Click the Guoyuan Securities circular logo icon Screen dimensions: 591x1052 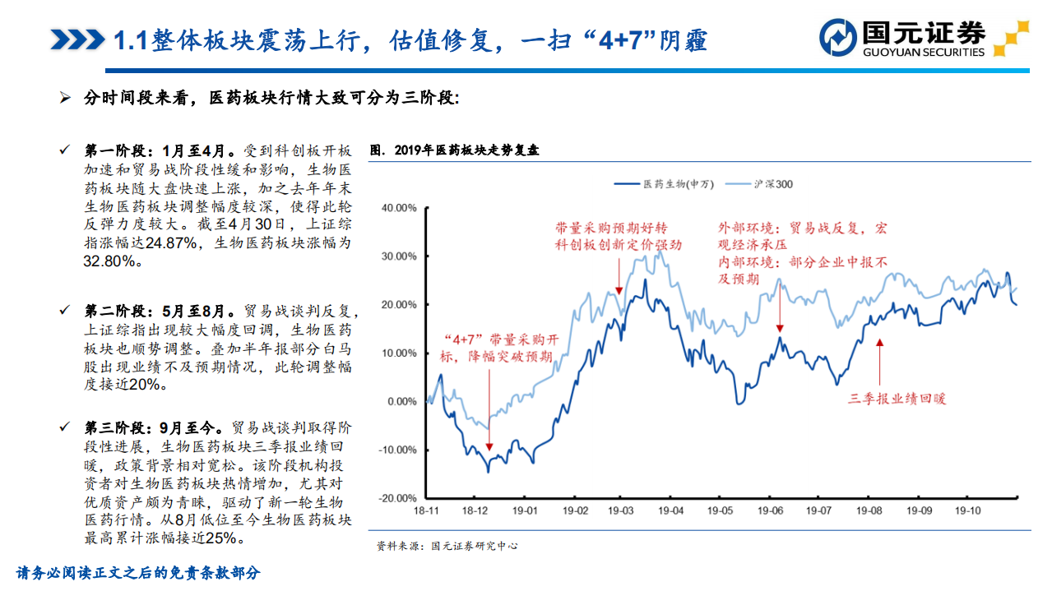pos(838,38)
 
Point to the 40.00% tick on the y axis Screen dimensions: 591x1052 pos(399,208)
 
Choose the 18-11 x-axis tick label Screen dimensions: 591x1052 pos(426,510)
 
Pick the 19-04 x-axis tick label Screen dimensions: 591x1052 pos(670,510)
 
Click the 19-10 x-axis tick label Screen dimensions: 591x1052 pos(967,510)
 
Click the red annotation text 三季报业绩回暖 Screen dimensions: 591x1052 pos(897,399)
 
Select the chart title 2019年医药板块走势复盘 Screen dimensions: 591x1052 pos(454,150)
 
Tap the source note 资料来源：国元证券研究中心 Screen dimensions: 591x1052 pos(447,546)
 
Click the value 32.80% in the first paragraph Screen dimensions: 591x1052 pos(110,261)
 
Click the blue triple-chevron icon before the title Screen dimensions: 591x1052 pos(76,39)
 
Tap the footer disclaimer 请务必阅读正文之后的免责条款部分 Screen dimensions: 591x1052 pos(138,573)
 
